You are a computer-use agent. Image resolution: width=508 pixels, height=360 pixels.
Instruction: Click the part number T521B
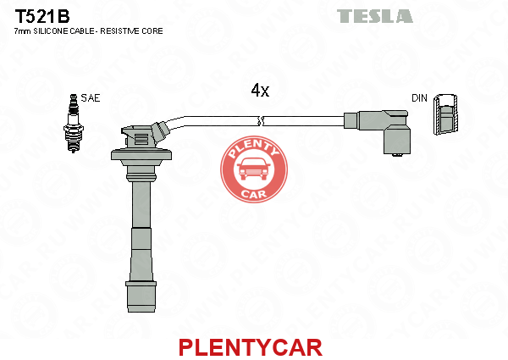[42, 17]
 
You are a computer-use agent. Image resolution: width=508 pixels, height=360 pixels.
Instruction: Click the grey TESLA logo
[374, 16]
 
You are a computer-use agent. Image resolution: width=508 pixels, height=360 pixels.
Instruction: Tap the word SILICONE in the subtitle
[51, 31]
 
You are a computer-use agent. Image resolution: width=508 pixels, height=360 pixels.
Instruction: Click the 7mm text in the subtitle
[23, 31]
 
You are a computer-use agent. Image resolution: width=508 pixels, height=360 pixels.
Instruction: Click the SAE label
[91, 98]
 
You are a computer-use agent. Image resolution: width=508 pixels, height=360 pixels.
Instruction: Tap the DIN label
[419, 98]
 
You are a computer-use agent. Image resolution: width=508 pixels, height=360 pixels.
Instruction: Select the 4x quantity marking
[260, 91]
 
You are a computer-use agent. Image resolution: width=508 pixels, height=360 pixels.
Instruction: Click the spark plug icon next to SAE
[74, 123]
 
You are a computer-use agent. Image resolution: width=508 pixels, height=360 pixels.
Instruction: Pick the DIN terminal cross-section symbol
[446, 114]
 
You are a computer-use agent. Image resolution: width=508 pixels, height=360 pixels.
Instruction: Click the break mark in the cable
[261, 121]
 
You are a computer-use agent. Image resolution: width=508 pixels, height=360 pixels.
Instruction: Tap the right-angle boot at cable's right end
[384, 131]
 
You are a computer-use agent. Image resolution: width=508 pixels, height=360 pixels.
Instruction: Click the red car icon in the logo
[254, 169]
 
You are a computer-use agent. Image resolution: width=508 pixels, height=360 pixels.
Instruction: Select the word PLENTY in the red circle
[254, 149]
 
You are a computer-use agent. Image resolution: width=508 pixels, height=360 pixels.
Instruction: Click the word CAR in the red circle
[254, 194]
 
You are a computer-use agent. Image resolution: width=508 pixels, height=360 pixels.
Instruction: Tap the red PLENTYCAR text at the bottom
[251, 347]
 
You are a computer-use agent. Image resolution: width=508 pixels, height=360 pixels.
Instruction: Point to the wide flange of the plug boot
[141, 155]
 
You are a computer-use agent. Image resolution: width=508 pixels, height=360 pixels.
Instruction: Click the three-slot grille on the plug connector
[141, 139]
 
